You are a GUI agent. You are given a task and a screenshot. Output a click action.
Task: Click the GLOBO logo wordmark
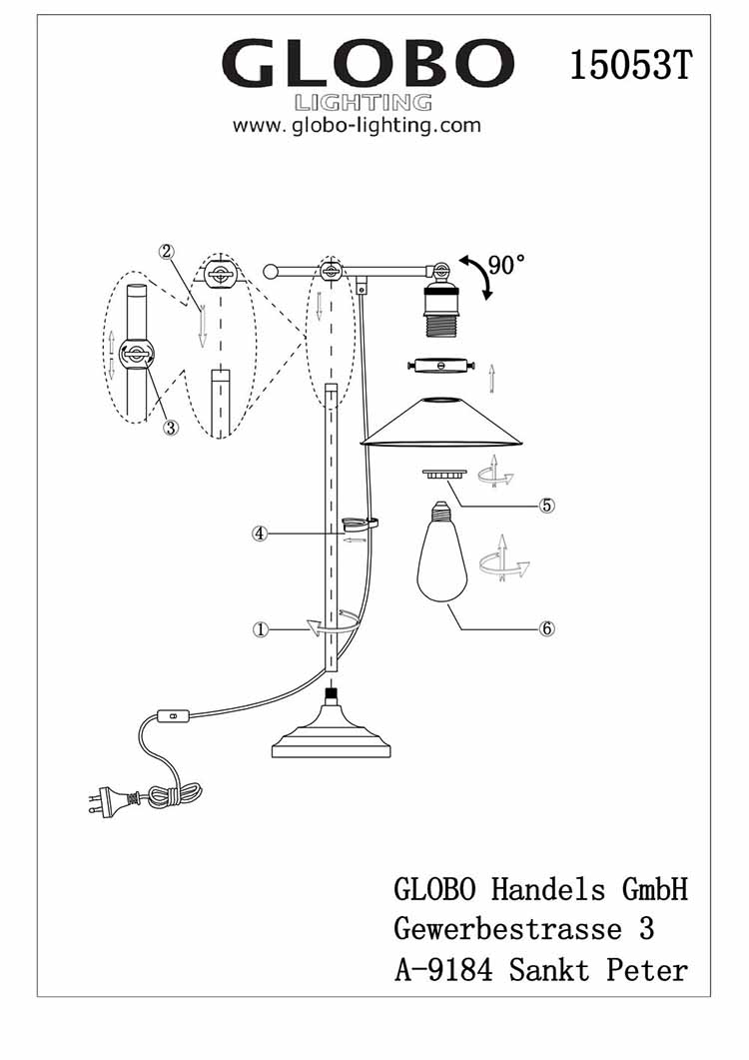coord(366,65)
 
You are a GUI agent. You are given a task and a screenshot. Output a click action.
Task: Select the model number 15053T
coord(630,65)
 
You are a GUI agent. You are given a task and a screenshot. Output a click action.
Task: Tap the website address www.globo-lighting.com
coord(357,126)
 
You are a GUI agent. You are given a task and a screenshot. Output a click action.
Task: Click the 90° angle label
coord(506,265)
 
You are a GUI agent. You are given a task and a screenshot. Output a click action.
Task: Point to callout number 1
coord(261,629)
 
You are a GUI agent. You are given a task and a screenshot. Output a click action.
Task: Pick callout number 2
coord(168,252)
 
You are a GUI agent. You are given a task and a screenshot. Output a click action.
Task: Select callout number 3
coord(171,428)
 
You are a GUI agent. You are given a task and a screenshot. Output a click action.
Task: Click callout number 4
coord(260,534)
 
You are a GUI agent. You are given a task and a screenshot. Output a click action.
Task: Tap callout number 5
coord(546,505)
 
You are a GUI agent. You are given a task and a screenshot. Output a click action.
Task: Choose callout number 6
coord(546,629)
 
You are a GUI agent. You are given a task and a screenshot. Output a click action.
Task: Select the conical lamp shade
coord(441,425)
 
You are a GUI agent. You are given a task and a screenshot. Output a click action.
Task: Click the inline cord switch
coord(171,715)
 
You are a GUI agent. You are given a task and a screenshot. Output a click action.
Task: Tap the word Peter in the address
coord(647,968)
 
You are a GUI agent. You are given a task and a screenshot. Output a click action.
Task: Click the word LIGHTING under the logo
coord(364,103)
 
